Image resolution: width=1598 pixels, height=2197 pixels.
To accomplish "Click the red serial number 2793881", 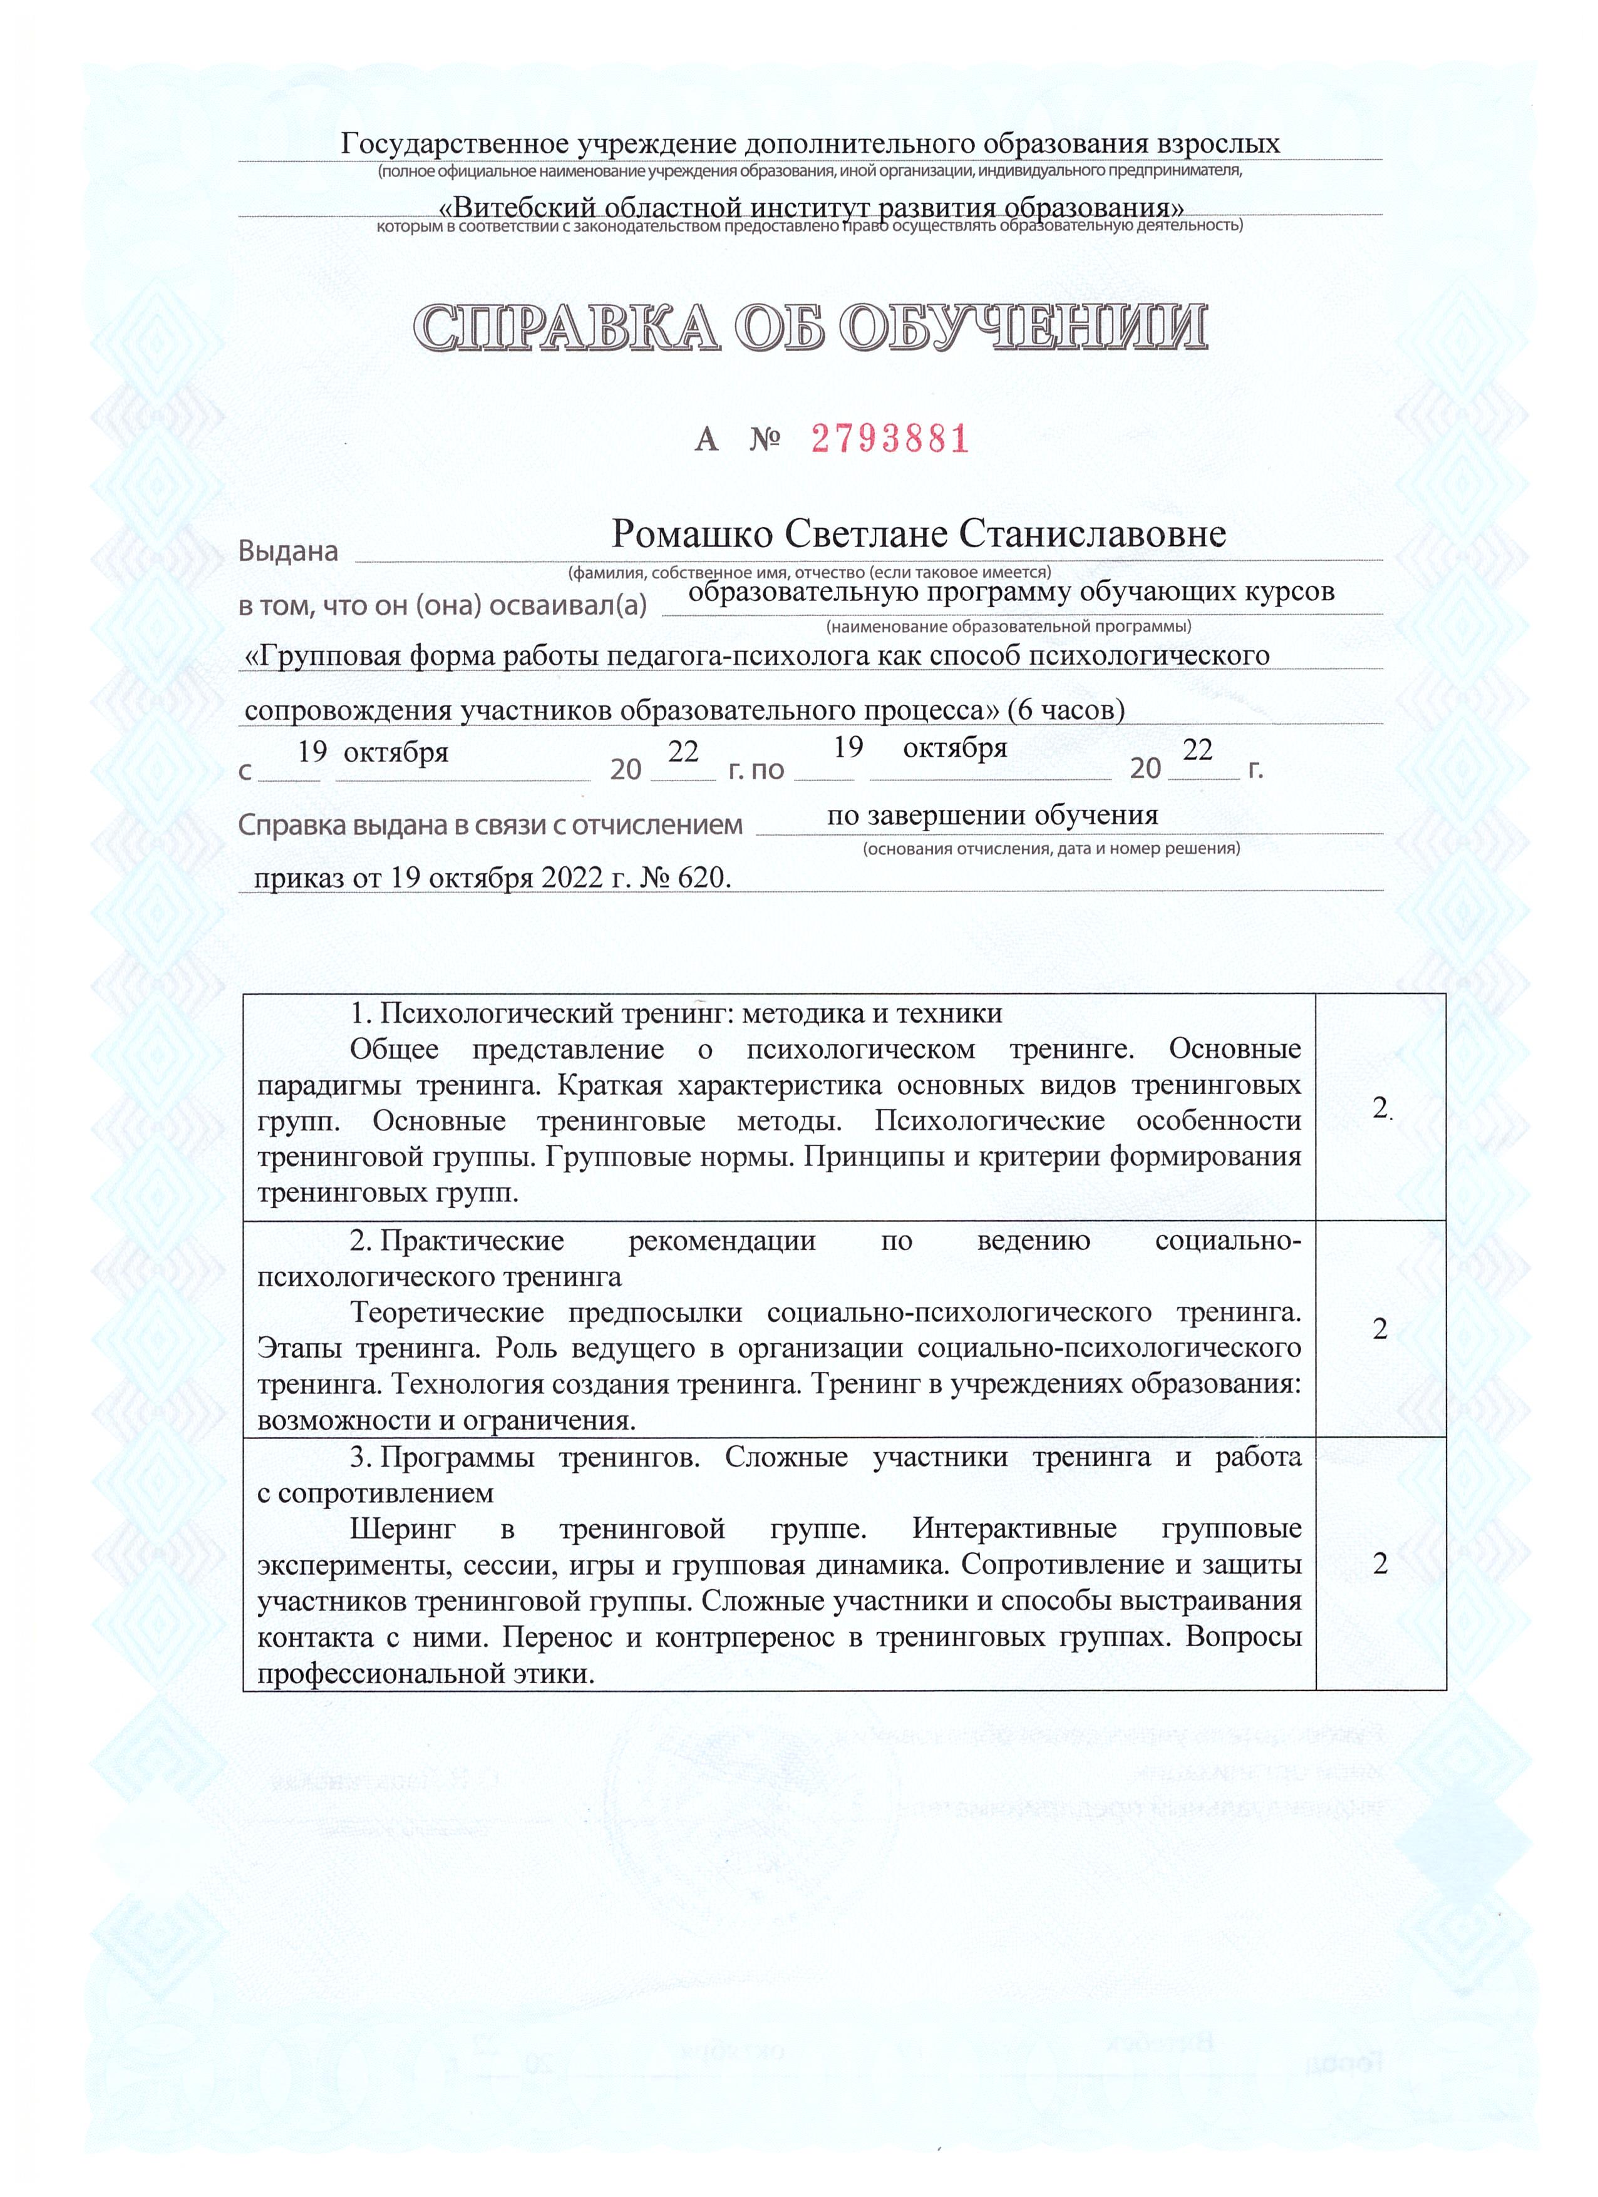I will (x=890, y=440).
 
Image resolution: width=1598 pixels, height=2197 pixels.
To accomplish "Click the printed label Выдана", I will (x=288, y=551).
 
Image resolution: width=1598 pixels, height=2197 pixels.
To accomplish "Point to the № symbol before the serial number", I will (x=765, y=441).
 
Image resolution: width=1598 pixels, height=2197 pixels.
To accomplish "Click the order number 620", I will (x=704, y=878).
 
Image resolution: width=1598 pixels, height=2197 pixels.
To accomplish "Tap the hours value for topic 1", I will (x=1380, y=1109).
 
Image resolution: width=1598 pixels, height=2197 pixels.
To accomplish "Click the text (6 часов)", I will (x=1065, y=710).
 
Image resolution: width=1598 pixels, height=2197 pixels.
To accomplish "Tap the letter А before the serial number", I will (x=706, y=441).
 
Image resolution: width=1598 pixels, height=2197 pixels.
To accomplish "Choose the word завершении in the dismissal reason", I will (x=945, y=815).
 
